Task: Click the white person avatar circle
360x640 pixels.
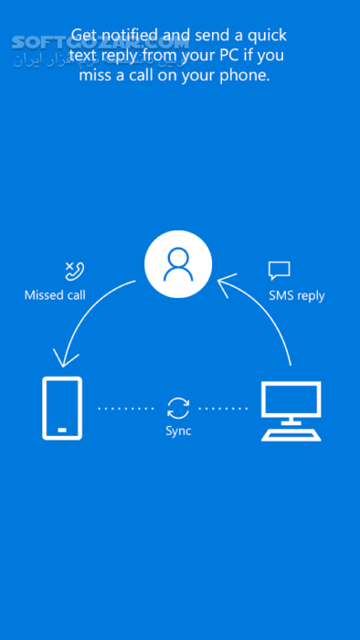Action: click(178, 265)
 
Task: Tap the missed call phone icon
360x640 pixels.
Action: click(72, 270)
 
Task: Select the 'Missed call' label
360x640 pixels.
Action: click(55, 295)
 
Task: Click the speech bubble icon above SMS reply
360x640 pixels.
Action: click(279, 270)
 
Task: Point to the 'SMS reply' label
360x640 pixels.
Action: click(297, 295)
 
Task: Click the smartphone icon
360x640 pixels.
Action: click(62, 408)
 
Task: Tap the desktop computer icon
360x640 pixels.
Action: click(291, 411)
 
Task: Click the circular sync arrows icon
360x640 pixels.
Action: click(178, 408)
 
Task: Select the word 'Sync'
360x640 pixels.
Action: click(178, 431)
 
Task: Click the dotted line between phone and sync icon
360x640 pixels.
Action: click(125, 408)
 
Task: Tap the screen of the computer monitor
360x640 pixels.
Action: click(291, 400)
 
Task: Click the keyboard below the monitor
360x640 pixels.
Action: click(291, 435)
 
